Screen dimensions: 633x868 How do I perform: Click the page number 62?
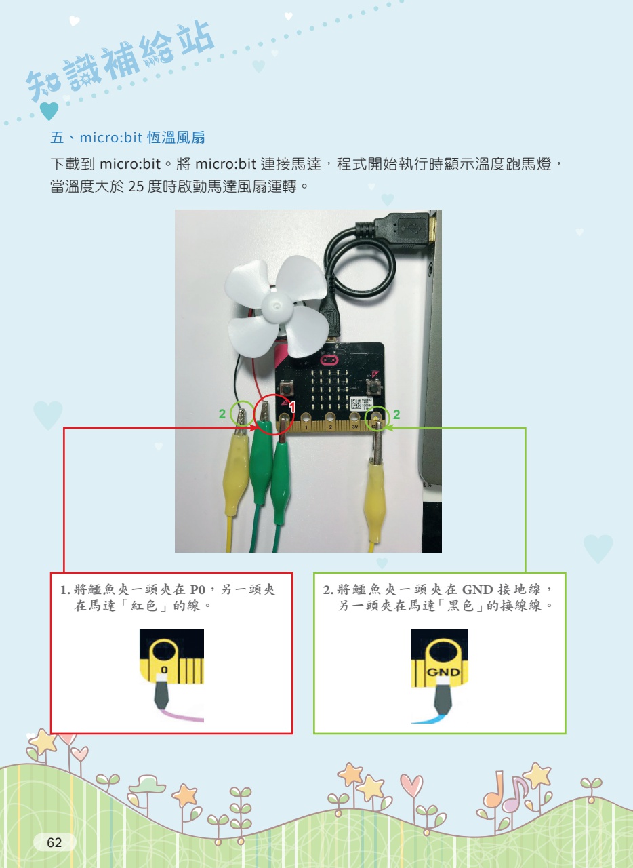click(x=54, y=842)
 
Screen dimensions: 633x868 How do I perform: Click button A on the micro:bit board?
click(x=287, y=387)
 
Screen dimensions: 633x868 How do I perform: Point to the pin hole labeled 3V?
click(x=354, y=418)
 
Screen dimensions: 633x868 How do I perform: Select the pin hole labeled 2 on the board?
click(x=331, y=418)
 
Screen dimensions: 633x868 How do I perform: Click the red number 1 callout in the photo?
click(x=292, y=407)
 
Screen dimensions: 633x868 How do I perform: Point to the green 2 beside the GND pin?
click(x=396, y=414)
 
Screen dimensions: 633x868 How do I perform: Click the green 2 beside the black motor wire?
click(x=222, y=414)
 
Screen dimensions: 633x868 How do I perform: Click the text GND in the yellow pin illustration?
click(x=443, y=672)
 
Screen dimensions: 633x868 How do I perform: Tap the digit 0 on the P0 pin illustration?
click(x=164, y=669)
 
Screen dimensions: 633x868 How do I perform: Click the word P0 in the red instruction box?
click(x=197, y=589)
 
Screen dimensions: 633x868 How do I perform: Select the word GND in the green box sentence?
click(x=477, y=589)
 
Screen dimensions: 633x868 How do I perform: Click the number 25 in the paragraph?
click(x=136, y=186)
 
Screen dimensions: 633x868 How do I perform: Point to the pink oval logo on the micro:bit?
click(x=329, y=360)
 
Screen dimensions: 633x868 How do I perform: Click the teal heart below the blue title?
click(x=49, y=111)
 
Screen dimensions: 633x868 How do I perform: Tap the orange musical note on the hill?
click(x=493, y=791)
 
